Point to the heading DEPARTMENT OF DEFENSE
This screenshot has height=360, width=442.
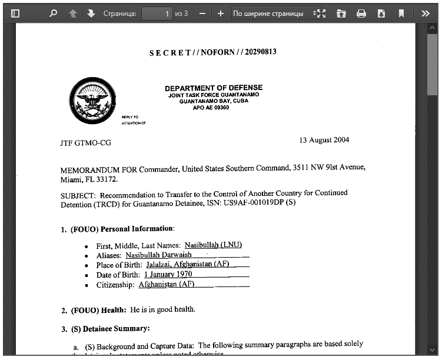point(214,88)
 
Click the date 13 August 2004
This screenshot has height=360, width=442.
point(324,140)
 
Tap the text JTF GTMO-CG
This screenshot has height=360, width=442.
point(85,143)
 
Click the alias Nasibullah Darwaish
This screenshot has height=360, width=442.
point(158,255)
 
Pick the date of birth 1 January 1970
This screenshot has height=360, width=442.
point(168,275)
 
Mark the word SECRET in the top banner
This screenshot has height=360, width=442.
point(170,53)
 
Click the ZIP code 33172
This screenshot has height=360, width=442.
point(105,179)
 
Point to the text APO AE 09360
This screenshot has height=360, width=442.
point(211,108)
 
